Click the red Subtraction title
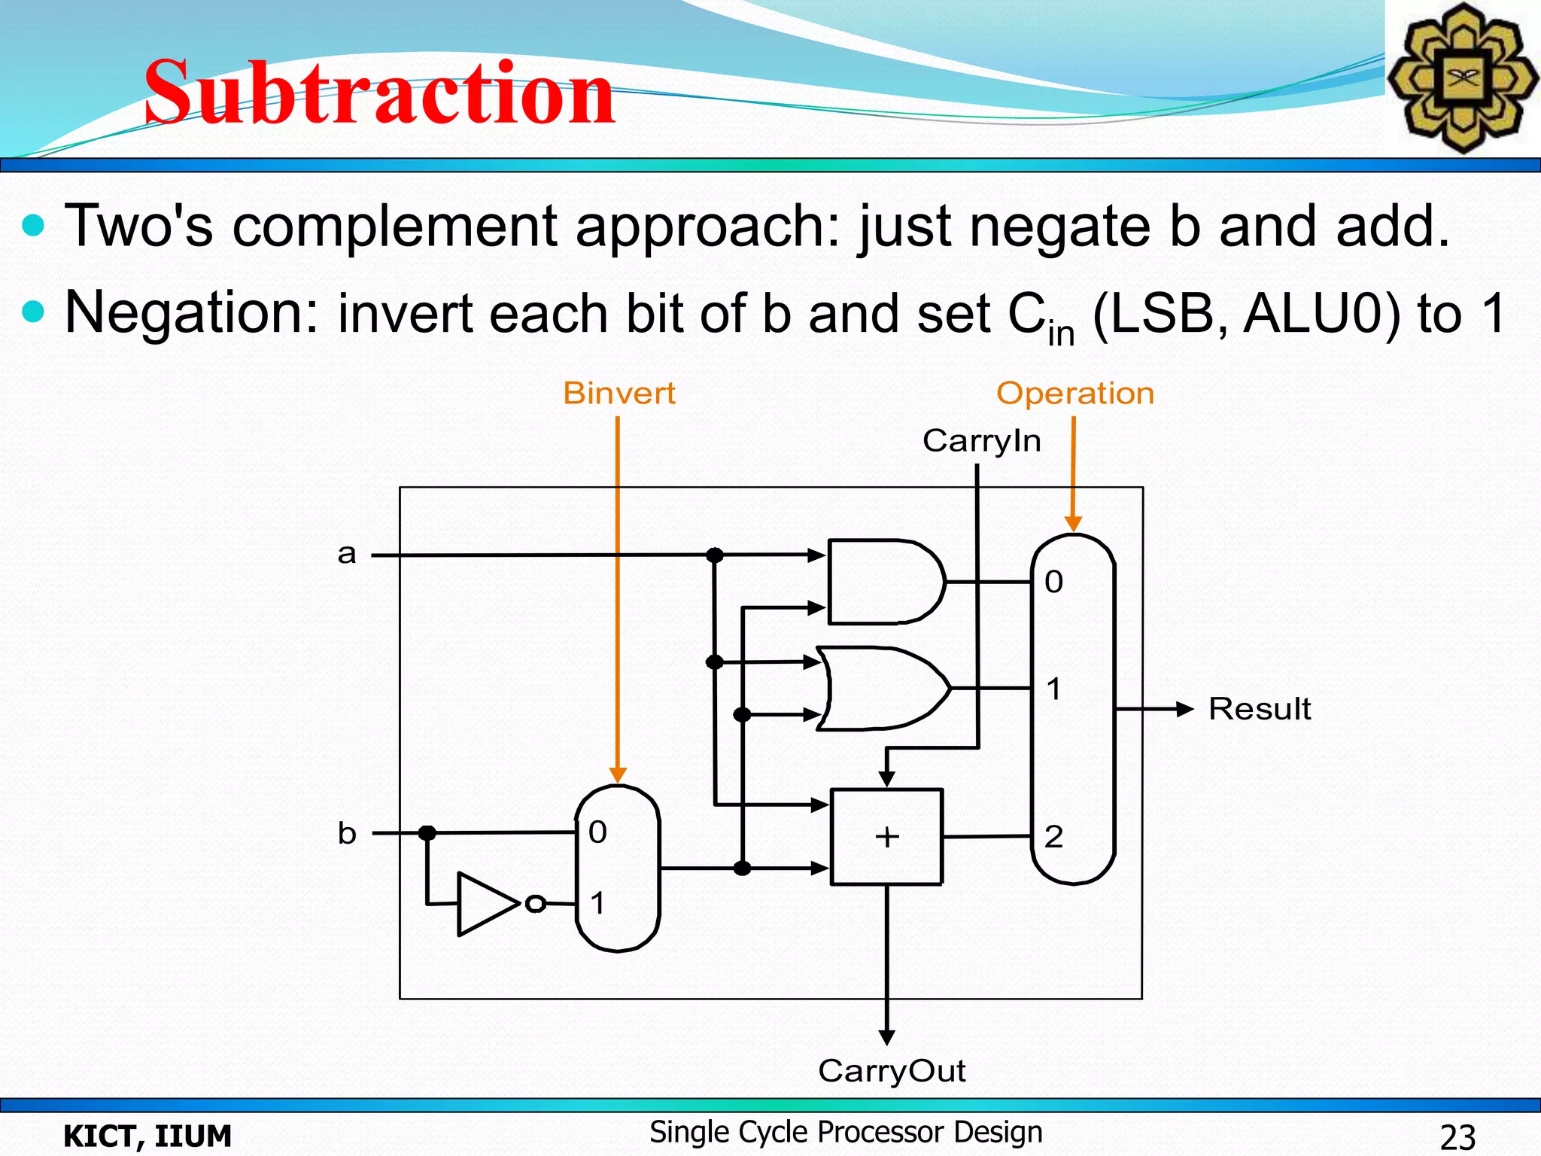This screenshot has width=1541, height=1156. coord(380,93)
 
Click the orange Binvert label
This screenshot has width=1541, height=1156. coord(619,393)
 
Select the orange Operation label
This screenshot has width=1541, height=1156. coord(1074,393)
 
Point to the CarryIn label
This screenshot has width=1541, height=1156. coord(981,440)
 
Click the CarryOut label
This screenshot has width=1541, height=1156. coord(892,1070)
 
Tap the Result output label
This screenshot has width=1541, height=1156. coord(1259,709)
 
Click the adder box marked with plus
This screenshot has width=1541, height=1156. coord(886,836)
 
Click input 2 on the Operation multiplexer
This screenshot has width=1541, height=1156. coord(1053,836)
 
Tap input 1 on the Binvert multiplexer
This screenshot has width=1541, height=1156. coord(597,902)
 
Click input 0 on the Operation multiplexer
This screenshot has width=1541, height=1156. coord(1053,582)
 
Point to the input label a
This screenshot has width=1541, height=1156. coord(346,554)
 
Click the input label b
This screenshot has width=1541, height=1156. coord(346,833)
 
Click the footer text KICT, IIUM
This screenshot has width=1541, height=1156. coord(147,1136)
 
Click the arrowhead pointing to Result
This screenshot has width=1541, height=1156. coord(1184,709)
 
